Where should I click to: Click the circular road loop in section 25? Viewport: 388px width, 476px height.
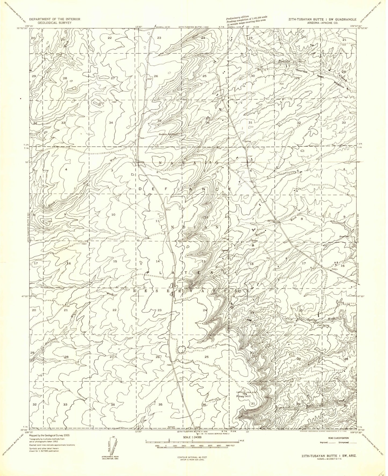pos(181,349)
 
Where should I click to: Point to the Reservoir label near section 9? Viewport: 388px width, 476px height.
pos(343,236)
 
